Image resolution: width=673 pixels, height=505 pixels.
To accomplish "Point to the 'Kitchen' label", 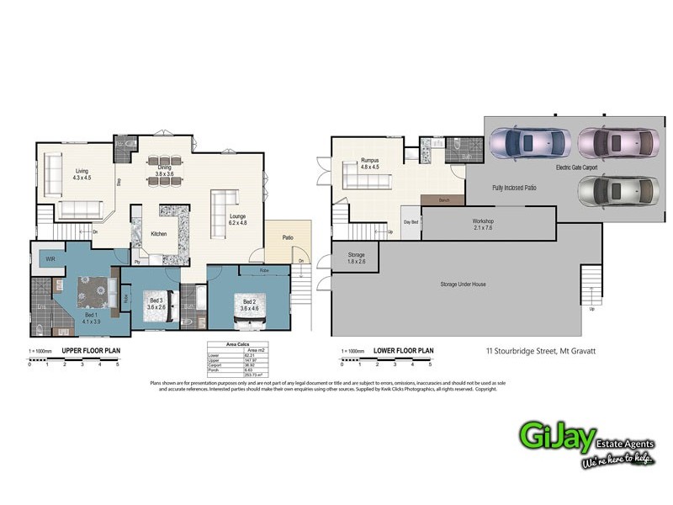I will point(160,233).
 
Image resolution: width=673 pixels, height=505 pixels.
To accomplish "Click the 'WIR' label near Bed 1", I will point(50,259).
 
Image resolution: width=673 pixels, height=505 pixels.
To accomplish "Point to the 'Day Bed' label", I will point(411,222).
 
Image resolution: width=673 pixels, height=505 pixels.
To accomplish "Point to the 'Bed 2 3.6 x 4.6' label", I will point(249,305).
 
